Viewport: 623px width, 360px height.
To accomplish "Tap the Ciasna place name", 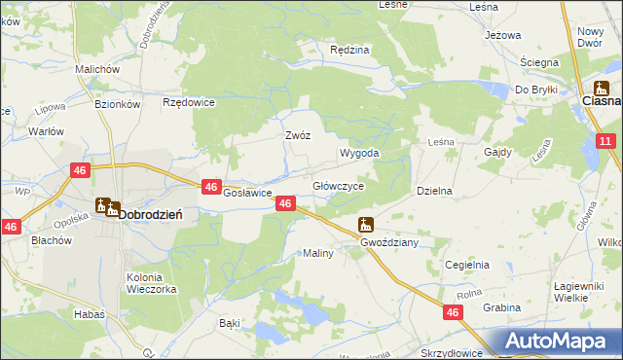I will pos(601,100).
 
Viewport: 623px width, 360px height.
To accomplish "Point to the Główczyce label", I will pos(338,186).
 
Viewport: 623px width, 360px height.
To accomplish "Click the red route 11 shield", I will pos(605,142).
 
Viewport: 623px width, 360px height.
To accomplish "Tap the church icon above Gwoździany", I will pos(365,224).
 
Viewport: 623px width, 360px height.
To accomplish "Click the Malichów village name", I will pos(96,70).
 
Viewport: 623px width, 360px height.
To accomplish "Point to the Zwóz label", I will pos(297,136).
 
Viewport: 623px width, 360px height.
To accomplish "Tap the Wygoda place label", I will pos(358,154).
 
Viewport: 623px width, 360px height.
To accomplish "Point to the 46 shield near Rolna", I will pos(454,311).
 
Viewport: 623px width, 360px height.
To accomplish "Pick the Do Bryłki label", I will pos(535,89).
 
